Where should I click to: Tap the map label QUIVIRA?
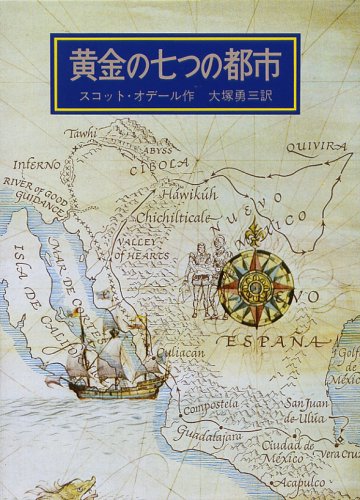click(x=317, y=146)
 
